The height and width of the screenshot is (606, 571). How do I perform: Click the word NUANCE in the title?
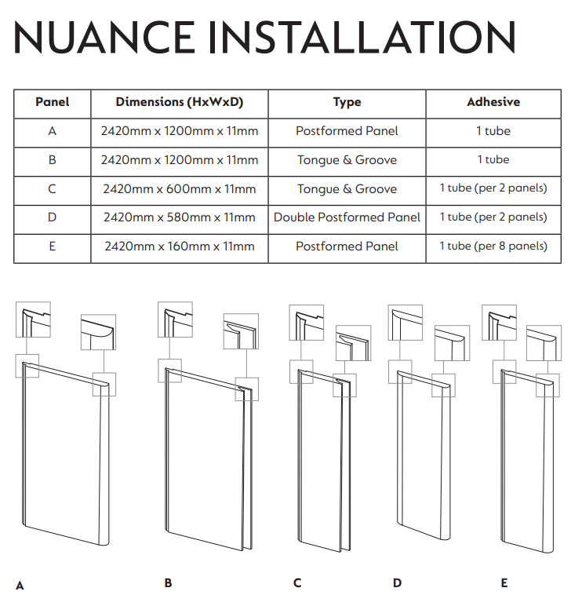pos(106,37)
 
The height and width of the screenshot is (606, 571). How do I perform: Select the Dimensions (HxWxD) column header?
pos(180,102)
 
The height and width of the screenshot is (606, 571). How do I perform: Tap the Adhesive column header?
pos(493,102)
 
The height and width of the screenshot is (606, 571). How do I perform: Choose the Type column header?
pos(347,102)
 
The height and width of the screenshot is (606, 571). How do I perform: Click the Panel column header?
pos(53,102)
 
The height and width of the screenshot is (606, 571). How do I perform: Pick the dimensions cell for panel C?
pos(180,188)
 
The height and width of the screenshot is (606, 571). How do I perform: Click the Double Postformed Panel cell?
pos(347,217)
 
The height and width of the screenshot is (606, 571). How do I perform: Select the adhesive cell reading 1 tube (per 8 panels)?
pos(493,246)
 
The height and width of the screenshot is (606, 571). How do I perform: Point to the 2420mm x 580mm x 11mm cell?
pos(180,217)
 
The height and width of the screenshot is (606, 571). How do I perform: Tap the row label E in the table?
pos(53,246)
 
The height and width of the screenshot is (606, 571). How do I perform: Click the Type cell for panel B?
pos(347,160)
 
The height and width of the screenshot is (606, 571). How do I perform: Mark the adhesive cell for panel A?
pos(493,131)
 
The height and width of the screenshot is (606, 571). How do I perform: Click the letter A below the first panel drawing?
pos(20,585)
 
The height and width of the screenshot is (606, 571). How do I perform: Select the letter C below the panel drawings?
pos(297,582)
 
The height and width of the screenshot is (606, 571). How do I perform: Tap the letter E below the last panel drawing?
pos(504,582)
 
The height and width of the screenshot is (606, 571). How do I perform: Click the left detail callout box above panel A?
pos(34,320)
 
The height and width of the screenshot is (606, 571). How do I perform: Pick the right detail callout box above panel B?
pos(242,333)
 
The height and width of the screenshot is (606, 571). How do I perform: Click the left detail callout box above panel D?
pos(406,322)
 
